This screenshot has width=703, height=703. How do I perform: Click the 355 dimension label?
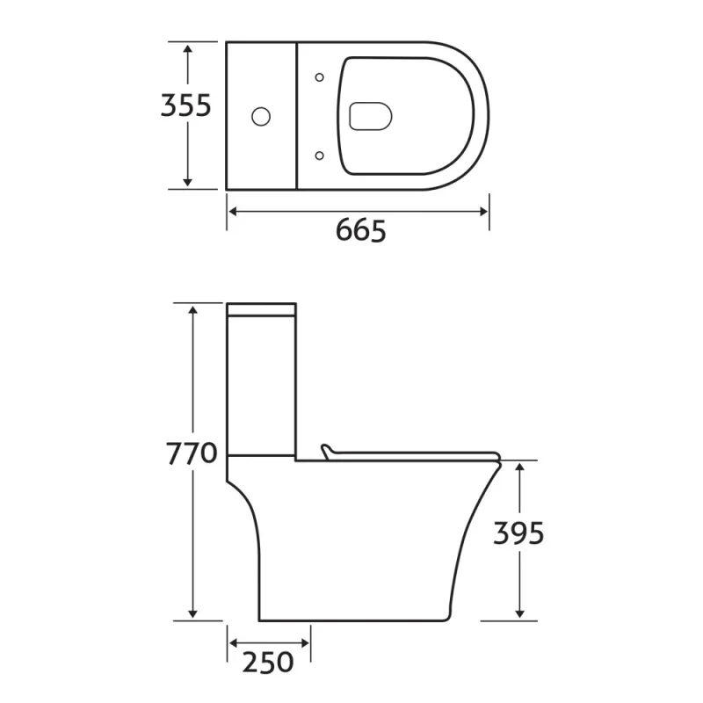point(185,105)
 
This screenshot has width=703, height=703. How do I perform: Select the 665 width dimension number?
point(361,230)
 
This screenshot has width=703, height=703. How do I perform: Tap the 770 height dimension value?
point(192,454)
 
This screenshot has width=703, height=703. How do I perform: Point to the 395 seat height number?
point(518,533)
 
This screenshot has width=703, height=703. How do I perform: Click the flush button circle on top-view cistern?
point(261,115)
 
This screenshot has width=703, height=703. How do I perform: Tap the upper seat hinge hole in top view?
point(319,76)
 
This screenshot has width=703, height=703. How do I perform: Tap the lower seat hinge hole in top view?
point(319,155)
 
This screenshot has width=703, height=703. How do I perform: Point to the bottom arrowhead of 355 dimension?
point(187,183)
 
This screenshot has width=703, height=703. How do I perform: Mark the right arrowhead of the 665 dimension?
point(484,211)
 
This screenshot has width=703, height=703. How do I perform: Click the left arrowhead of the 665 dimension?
point(232,211)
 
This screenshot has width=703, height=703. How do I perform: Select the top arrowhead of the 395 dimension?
point(520,467)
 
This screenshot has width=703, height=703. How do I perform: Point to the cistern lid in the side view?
point(262,309)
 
